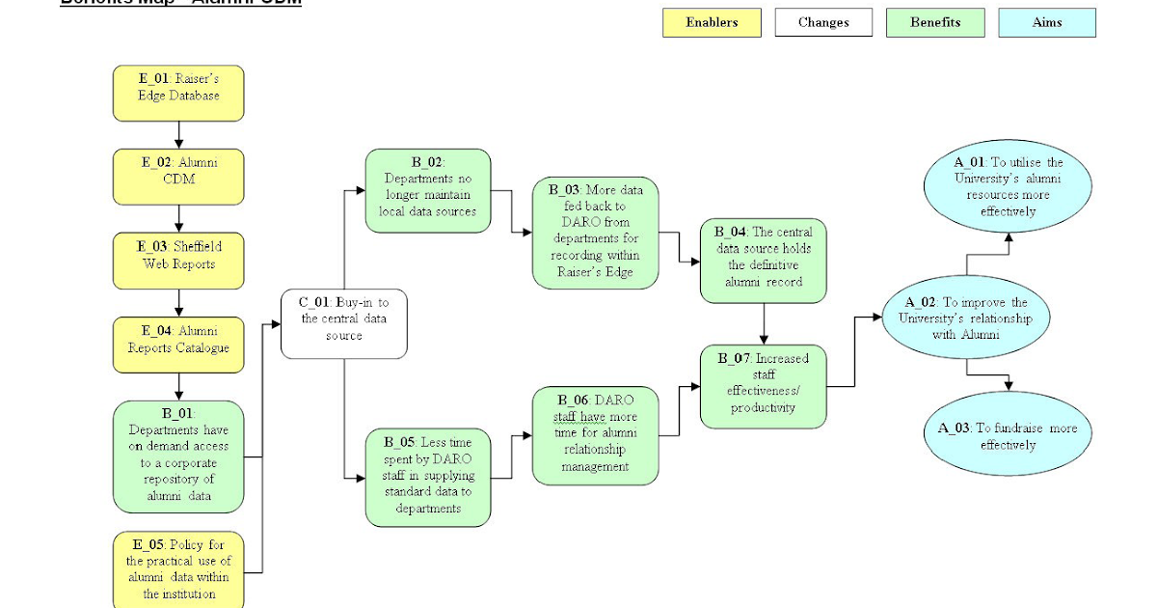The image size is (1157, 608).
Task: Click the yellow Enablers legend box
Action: (712, 23)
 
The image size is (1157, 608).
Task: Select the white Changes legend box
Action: (823, 23)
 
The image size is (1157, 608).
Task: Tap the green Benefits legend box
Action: (935, 23)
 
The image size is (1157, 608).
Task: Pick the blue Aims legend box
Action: (1047, 23)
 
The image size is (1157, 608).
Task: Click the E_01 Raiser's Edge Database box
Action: (178, 93)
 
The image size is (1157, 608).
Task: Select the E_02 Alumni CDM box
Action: (178, 176)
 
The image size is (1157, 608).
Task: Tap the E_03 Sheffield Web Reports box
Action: (178, 260)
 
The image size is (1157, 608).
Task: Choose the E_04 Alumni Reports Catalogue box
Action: (178, 345)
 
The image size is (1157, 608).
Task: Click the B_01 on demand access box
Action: (178, 456)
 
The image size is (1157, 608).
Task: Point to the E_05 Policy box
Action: (178, 569)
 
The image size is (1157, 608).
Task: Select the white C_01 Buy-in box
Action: (343, 323)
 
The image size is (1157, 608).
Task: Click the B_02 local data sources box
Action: (428, 190)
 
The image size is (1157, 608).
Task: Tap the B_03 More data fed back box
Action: (595, 233)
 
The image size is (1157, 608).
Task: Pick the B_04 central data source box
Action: (764, 261)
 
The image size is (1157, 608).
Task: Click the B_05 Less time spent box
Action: (428, 478)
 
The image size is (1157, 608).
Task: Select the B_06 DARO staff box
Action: (595, 435)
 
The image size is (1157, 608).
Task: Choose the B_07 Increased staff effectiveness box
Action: (764, 386)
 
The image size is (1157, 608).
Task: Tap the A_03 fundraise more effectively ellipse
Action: (1008, 435)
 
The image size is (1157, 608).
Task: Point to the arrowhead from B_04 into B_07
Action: (764, 339)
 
